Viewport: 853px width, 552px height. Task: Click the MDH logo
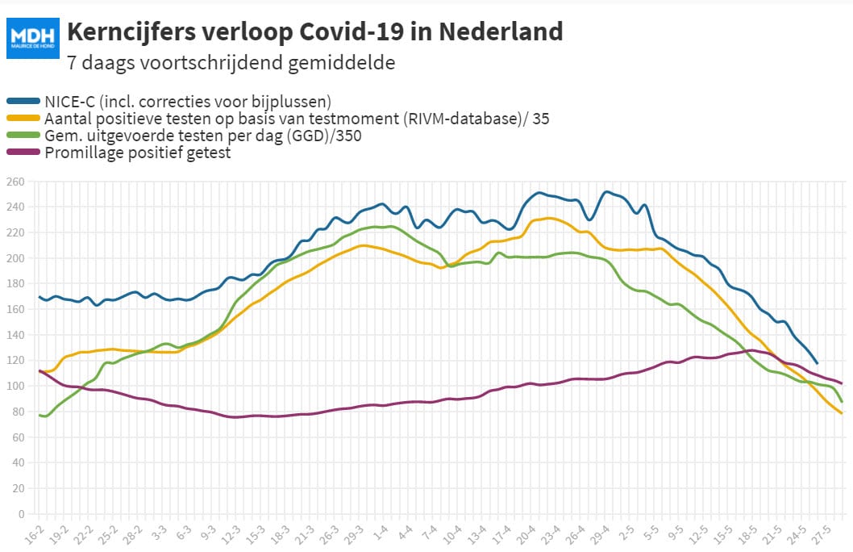(32, 38)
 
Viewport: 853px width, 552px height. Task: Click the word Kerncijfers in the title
(131, 31)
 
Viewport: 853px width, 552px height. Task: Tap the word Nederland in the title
(501, 31)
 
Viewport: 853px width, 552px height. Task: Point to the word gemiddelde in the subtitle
(341, 63)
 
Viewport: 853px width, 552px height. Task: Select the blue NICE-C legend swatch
(23, 101)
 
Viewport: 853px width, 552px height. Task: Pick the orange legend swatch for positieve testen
(23, 118)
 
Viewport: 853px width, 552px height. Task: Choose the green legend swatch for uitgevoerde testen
(23, 135)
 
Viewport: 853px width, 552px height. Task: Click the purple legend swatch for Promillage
(23, 152)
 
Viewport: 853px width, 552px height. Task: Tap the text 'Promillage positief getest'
(138, 153)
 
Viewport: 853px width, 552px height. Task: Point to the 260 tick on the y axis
(15, 182)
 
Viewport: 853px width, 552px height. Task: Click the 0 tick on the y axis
(22, 514)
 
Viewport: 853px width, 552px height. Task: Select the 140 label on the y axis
(15, 336)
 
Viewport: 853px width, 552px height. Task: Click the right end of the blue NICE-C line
(817, 363)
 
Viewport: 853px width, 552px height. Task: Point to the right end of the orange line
(842, 413)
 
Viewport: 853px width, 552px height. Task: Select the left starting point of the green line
(40, 416)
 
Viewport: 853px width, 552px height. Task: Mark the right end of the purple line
(842, 383)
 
